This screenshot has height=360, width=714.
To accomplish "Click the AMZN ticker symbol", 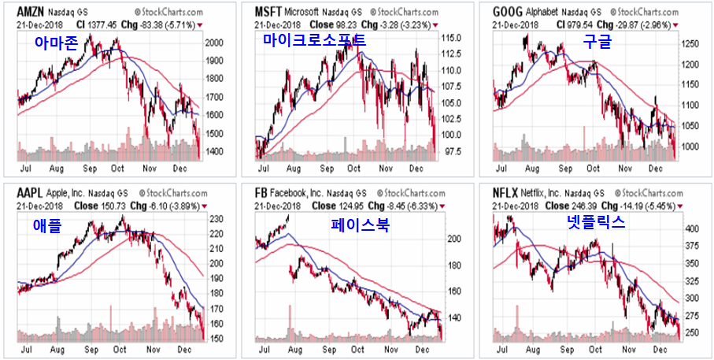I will point(31,13).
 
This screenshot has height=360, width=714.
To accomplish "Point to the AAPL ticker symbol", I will point(29,193).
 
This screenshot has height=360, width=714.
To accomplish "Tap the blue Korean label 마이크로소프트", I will point(314,39).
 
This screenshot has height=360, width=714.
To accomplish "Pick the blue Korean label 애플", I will point(47,226).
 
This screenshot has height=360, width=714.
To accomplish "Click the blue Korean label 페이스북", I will point(361,225).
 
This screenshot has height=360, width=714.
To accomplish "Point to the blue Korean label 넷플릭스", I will point(596,222).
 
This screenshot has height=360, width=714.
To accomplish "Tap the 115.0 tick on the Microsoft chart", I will point(453,38).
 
